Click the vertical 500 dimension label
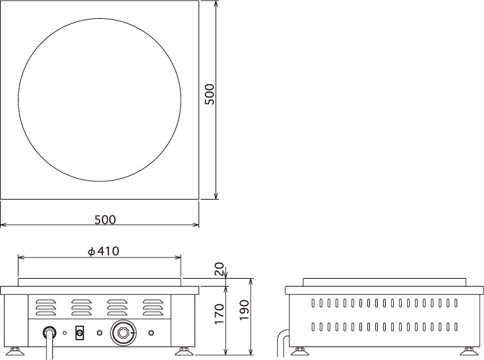point(210,94)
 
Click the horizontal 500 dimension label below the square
point(105,220)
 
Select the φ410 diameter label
point(103,251)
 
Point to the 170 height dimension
point(219,314)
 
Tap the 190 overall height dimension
point(244,310)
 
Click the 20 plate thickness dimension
point(219,269)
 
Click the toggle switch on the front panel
point(80,333)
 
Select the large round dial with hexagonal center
point(123,333)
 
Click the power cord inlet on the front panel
point(49,333)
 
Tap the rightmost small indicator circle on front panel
point(151,333)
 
